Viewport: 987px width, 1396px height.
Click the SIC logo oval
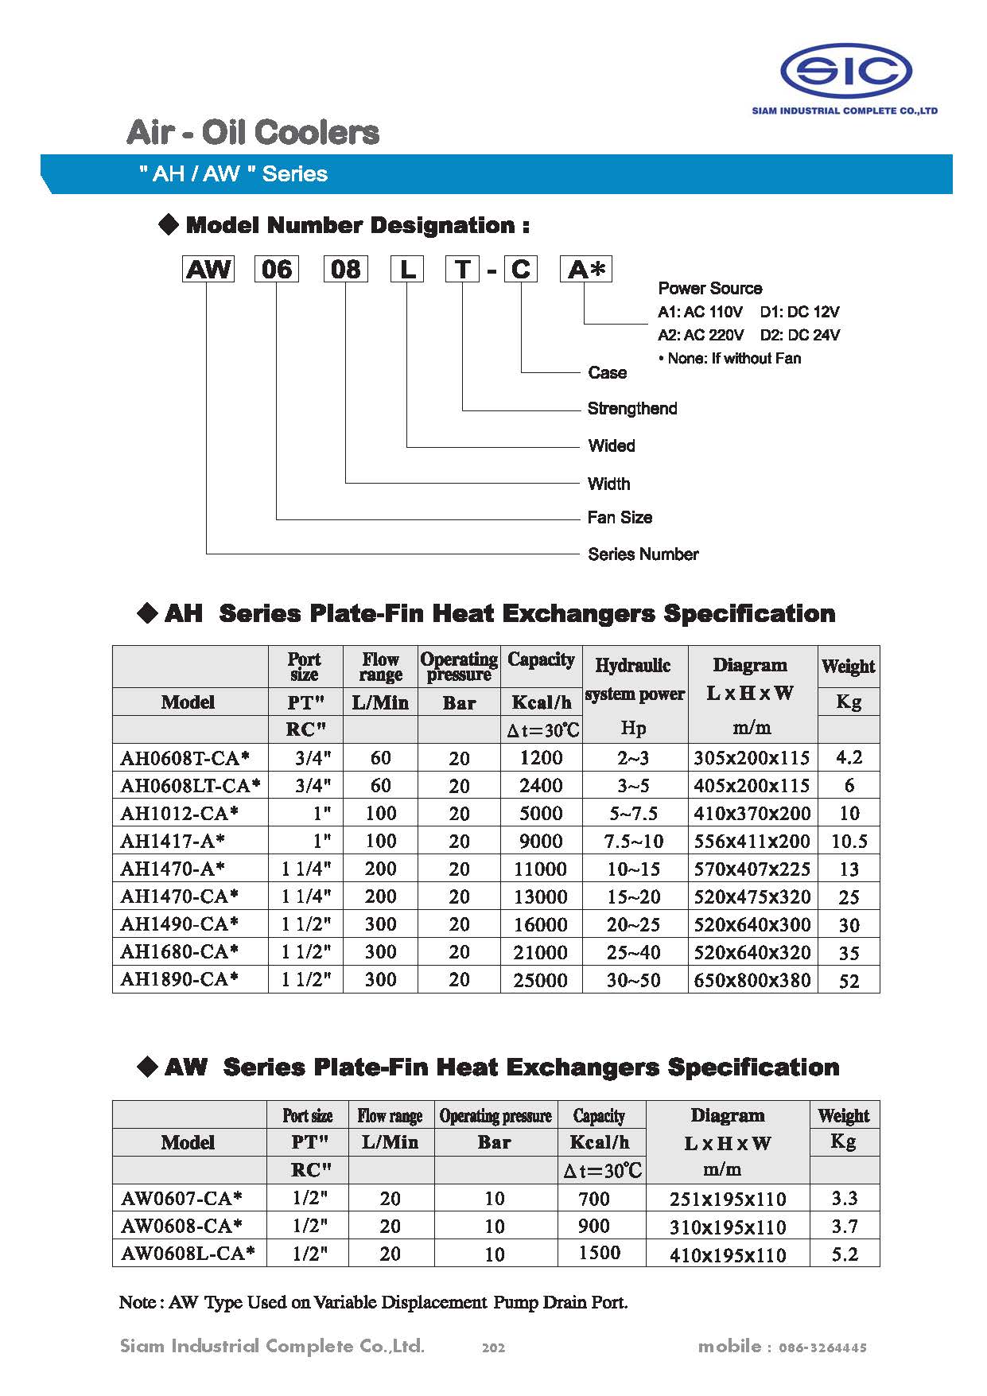pos(845,71)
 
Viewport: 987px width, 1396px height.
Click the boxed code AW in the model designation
pos(208,269)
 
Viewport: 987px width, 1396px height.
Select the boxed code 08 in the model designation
pos(346,269)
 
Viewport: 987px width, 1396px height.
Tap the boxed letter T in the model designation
pos(463,269)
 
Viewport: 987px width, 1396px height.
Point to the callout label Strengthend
pos(632,409)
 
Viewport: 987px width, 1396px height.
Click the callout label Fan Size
pos(620,518)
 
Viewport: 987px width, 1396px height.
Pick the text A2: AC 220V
pos(701,335)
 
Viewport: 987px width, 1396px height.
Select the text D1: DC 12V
pos(799,312)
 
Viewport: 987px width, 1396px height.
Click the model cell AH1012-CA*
pos(180,813)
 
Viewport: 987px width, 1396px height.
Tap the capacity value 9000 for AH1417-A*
pos(541,841)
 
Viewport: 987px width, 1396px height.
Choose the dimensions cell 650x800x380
pos(752,980)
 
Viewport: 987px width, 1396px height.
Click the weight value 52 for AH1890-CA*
pos(849,981)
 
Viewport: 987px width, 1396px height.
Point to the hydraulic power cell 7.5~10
pos(634,842)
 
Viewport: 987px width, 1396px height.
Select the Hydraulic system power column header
pos(634,679)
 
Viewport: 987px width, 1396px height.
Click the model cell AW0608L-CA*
pos(188,1254)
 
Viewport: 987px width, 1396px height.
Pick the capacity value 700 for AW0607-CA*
pos(594,1199)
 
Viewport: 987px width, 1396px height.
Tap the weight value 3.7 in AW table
pos(845,1226)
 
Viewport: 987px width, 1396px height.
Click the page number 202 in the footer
pos(493,1347)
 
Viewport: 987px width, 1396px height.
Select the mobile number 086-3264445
pos(822,1347)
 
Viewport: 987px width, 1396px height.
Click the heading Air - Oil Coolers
pos(253,132)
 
